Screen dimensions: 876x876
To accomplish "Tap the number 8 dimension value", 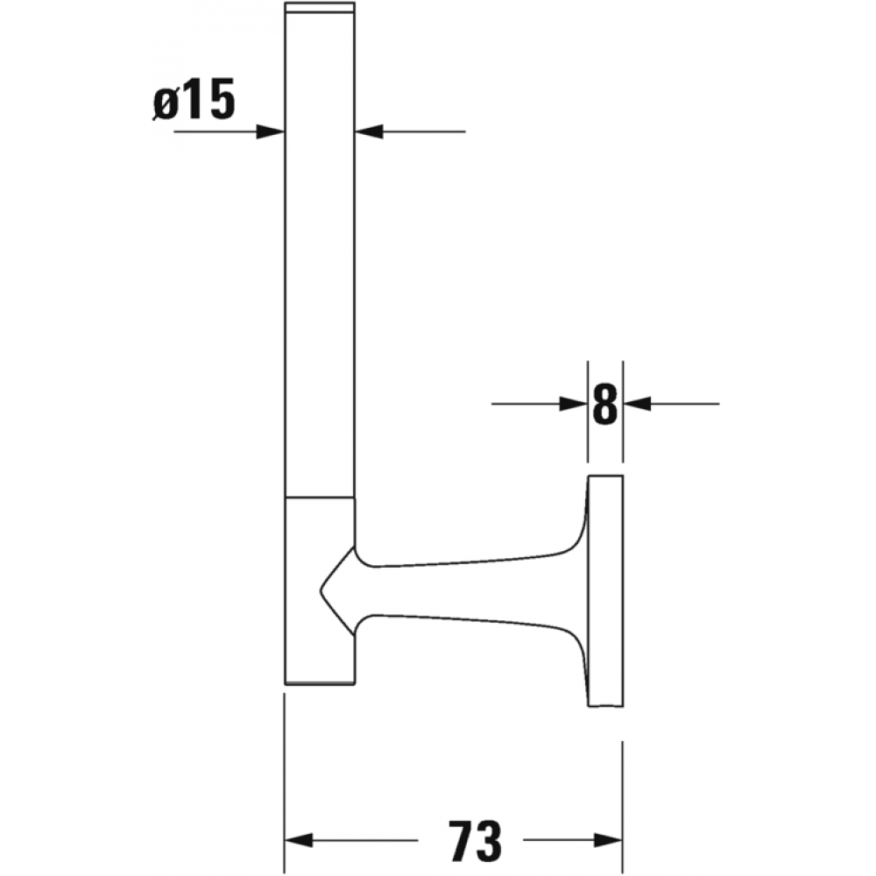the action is coord(605,403).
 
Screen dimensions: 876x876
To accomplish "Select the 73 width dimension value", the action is coord(475,840).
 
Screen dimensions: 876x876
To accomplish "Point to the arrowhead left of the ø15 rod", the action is coord(271,132).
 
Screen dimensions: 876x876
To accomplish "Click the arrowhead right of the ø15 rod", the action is coord(369,132).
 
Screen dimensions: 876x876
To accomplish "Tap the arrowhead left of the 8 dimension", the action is coord(574,404).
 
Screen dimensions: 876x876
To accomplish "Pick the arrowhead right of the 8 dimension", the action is coord(637,404).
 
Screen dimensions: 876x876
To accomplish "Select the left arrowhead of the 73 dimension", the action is coord(299,840).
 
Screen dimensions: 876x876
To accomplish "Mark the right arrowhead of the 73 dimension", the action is coord(609,840).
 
